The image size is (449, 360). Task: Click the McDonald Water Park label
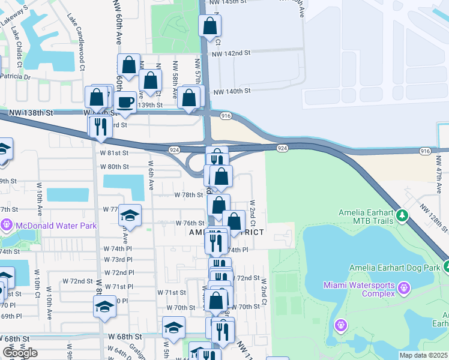coord(55,226)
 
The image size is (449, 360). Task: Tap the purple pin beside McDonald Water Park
coord(7,226)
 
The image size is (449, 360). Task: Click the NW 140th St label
coord(233,91)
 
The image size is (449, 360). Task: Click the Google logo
coord(20,352)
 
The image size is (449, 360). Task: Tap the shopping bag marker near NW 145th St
coord(209,26)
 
